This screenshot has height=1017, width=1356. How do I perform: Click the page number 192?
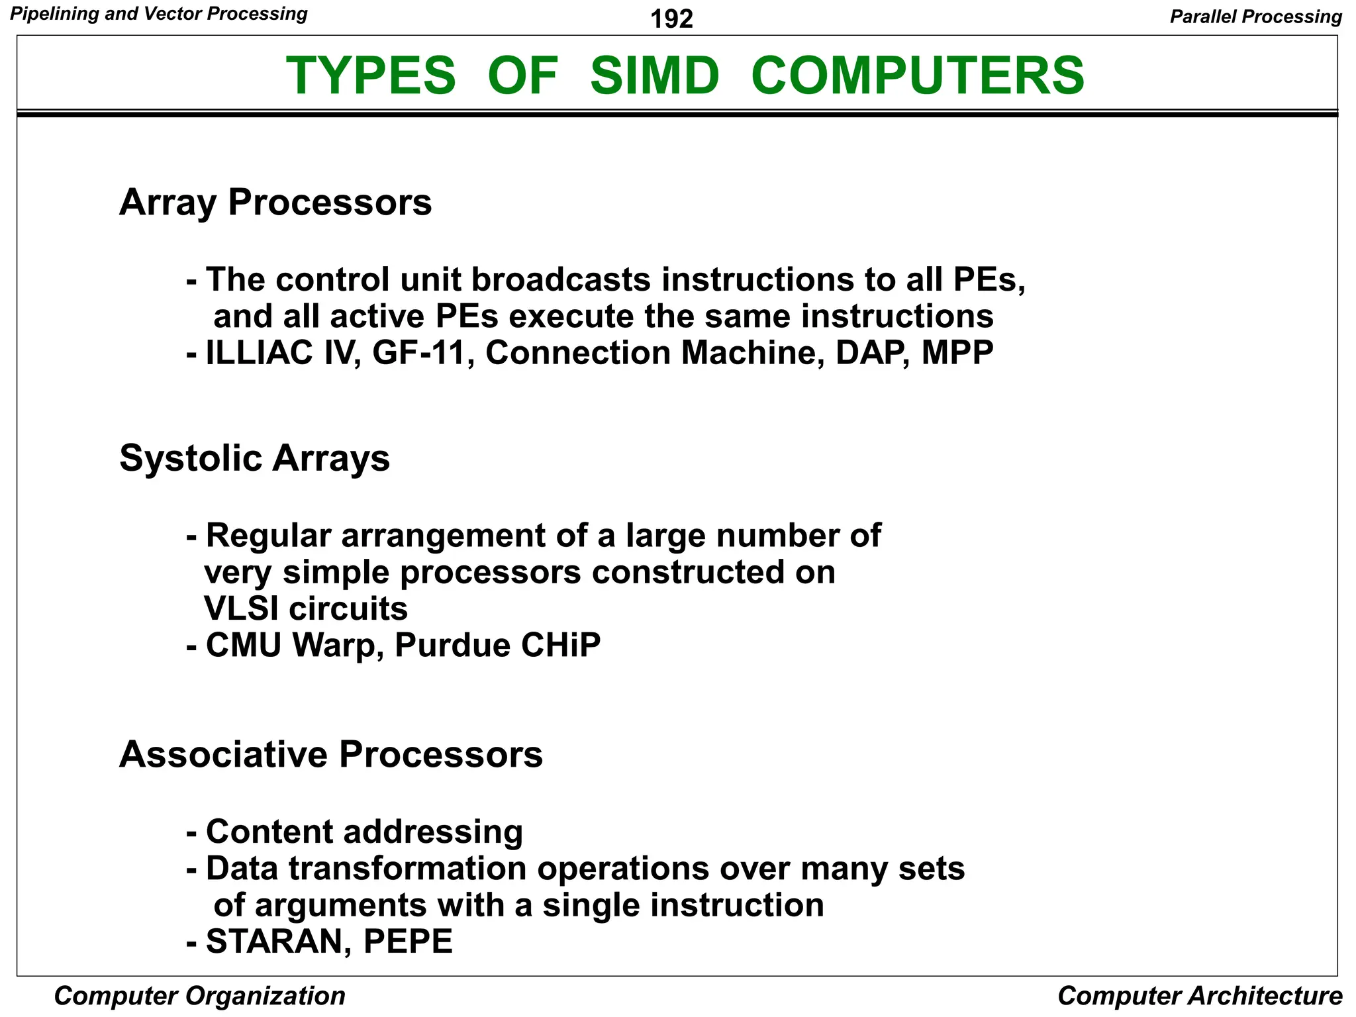click(671, 19)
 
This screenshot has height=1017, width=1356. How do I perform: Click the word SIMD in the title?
click(654, 75)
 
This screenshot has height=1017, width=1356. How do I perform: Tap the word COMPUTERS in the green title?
click(918, 75)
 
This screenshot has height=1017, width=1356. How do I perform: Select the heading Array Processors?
click(275, 203)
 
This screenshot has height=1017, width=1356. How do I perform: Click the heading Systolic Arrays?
click(255, 458)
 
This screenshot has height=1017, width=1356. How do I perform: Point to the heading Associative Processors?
click(331, 754)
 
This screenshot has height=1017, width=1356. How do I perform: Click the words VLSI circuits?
click(306, 608)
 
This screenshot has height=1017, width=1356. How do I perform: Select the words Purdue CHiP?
click(498, 646)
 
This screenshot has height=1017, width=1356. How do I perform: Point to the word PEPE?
click(408, 942)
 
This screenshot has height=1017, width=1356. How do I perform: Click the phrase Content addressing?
click(364, 832)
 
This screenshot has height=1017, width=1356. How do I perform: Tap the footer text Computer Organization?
click(199, 996)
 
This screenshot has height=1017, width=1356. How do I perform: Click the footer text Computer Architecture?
click(1200, 996)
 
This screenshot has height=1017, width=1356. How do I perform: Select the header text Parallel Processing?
click(1255, 17)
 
